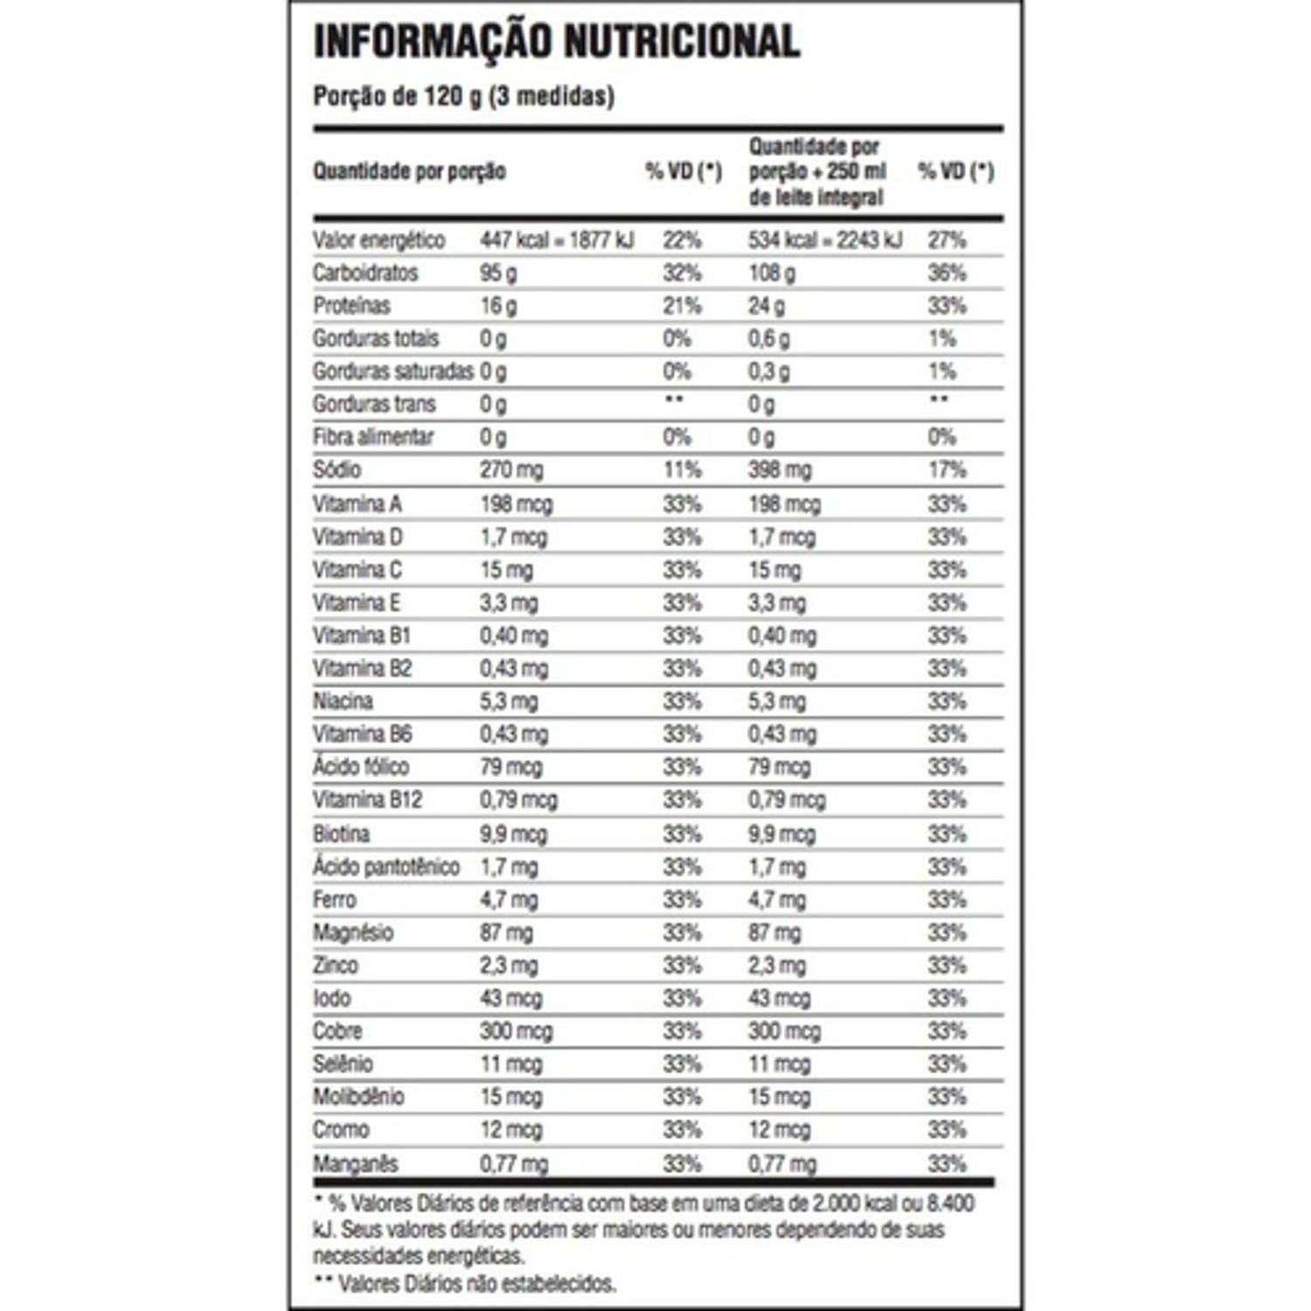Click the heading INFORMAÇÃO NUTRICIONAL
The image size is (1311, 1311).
pos(557,42)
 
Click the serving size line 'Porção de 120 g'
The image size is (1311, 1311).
pos(463,95)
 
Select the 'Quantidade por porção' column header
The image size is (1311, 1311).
pos(409,171)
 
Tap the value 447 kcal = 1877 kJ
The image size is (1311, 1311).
pos(557,240)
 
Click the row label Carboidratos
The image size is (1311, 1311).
pos(365,273)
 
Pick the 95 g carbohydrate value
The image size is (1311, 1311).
pos(498,273)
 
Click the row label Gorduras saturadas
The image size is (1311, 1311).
pos(393,371)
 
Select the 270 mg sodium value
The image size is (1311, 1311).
pos(511,470)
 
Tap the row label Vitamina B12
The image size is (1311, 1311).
pos(367,800)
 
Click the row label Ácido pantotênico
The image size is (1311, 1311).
pos(386,867)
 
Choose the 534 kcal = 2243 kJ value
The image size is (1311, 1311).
pos(825,240)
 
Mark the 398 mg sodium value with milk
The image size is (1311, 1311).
pos(780,470)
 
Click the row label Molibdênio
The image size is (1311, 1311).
pos(358,1097)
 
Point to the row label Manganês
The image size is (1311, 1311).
pos(356,1164)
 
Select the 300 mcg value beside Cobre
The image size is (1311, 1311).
pos(516,1031)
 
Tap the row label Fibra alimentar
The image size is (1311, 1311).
pos(373,437)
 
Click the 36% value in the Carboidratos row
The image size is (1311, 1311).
pos(947,273)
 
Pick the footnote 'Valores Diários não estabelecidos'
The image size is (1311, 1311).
pos(476,1283)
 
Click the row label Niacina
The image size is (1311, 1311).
pos(343,701)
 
